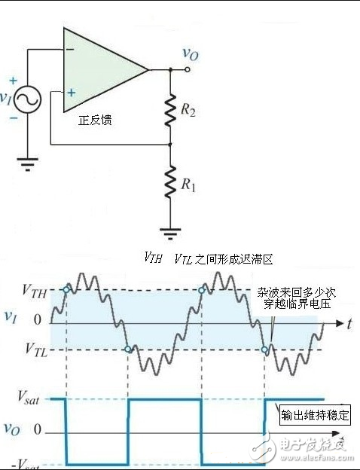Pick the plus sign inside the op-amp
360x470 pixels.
(71, 93)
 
